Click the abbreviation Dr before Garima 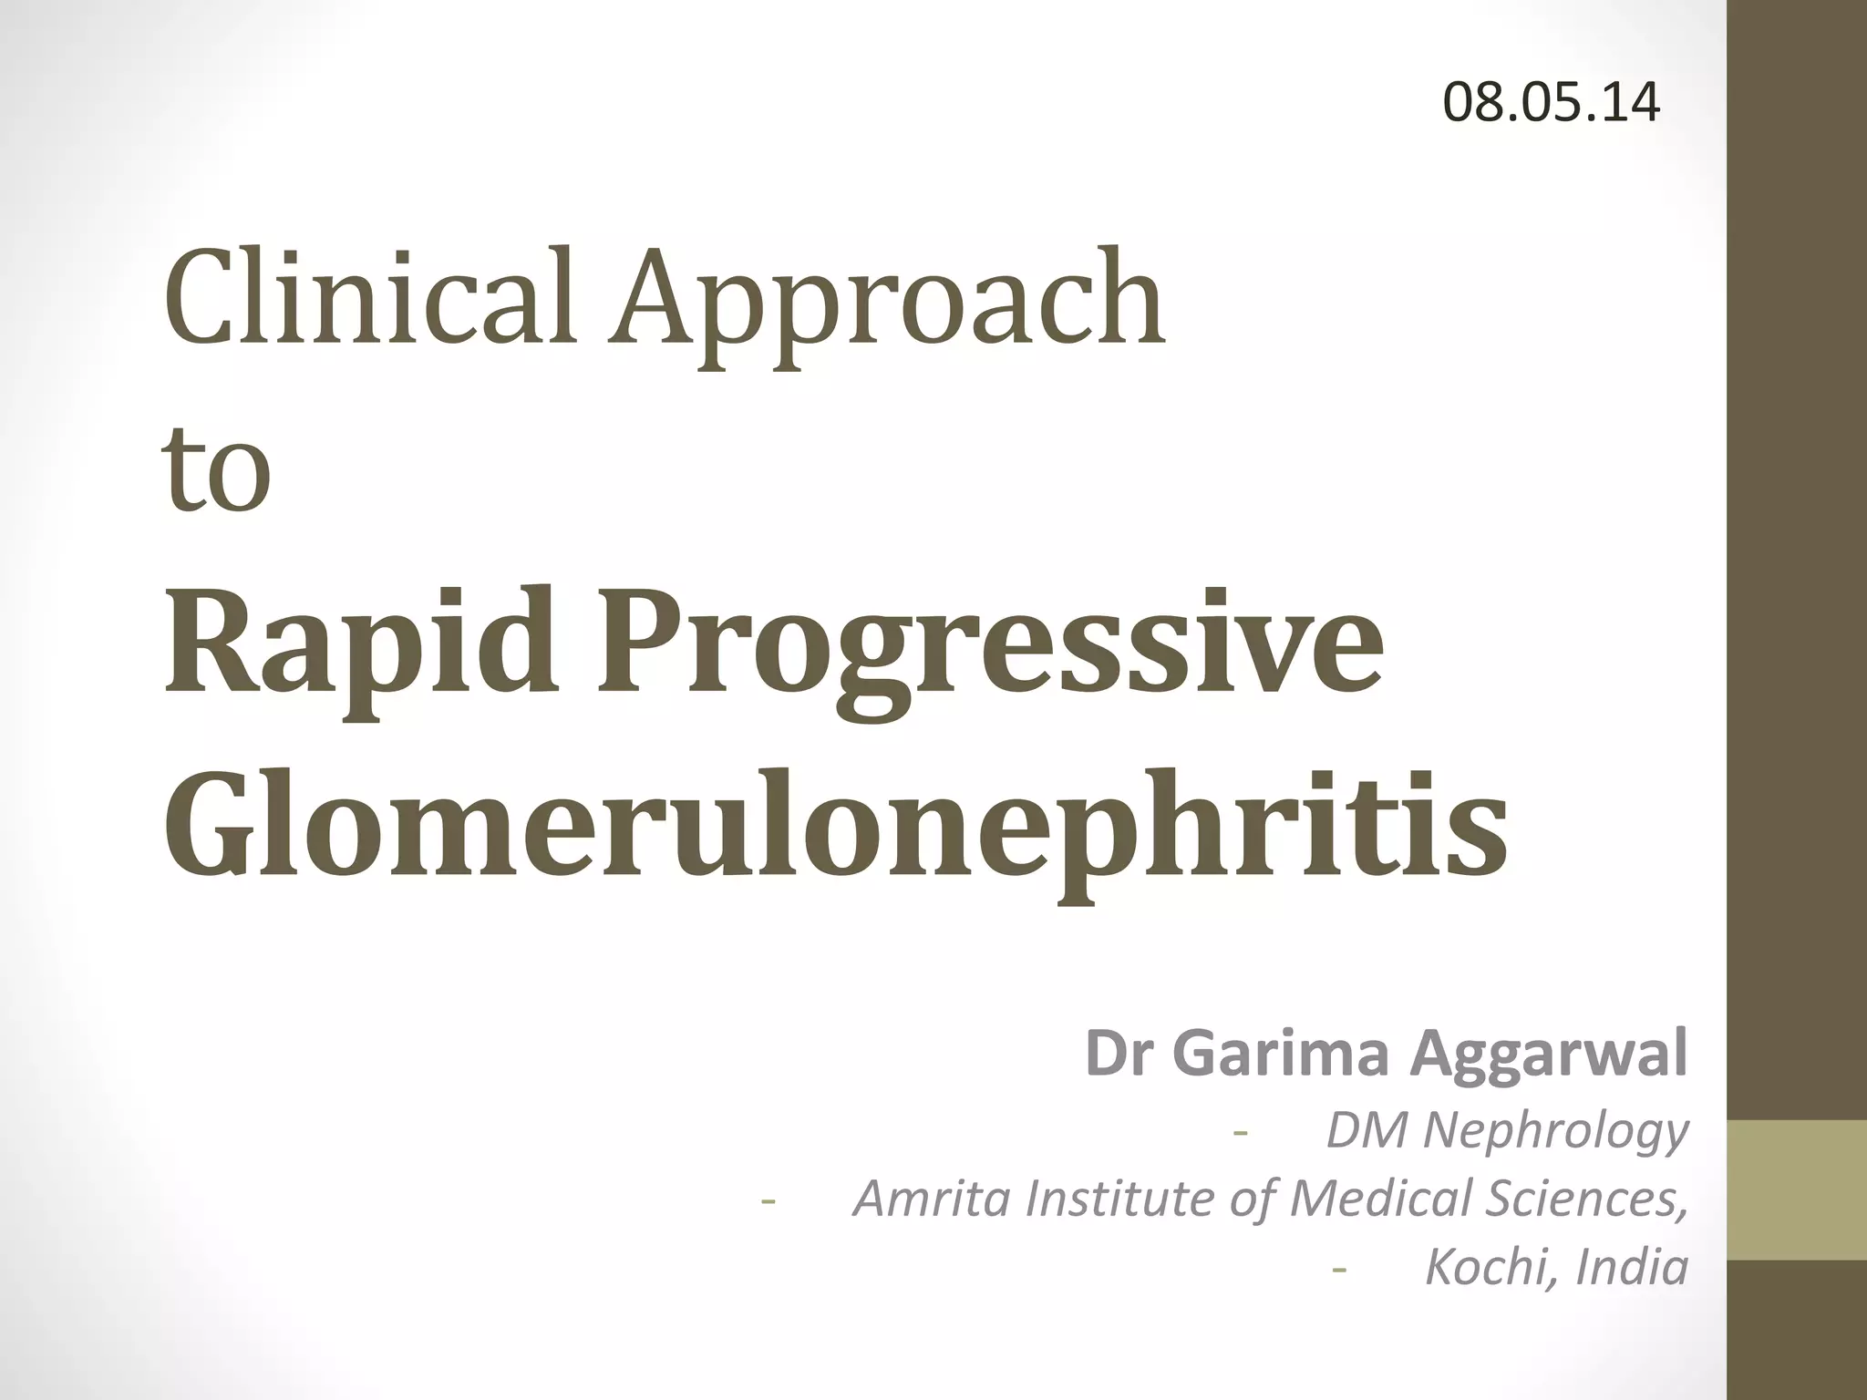tap(1119, 1054)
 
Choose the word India tap(1632, 1268)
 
